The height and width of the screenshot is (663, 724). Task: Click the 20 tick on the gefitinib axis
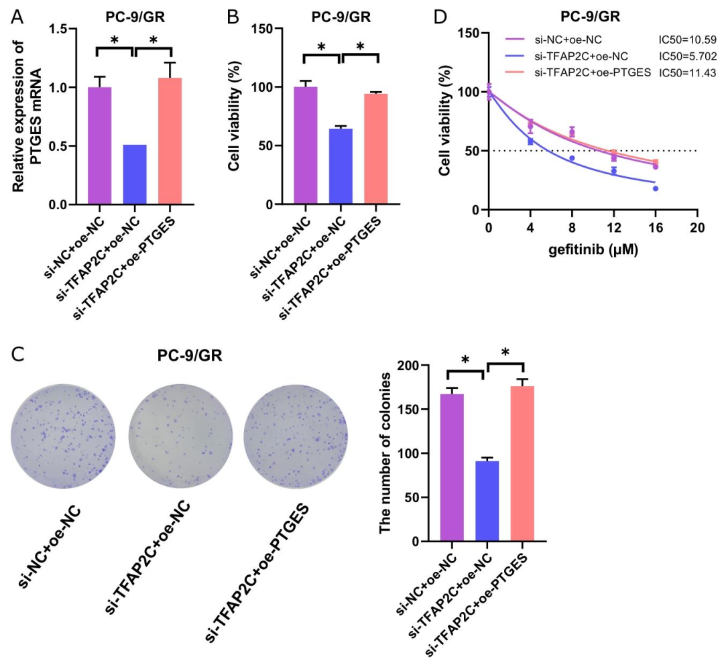point(697,227)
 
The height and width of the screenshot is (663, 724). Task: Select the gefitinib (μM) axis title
point(593,251)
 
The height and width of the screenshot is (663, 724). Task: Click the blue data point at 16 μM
point(655,188)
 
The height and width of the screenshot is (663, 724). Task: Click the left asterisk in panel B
point(321,47)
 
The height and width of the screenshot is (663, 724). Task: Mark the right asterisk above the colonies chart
point(505,351)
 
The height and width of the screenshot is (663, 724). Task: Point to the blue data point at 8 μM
point(572,158)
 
